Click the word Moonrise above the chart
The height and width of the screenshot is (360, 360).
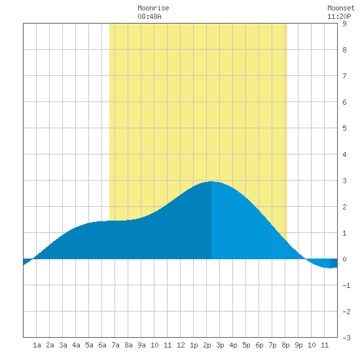[153, 8]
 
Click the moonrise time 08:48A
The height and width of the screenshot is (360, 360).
[149, 16]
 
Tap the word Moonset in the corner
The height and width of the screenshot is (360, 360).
[341, 8]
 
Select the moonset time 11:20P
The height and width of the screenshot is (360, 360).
[339, 16]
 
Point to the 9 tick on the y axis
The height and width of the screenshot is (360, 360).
[344, 24]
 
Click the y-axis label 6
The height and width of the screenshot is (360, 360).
[344, 102]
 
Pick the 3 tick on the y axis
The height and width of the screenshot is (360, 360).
[344, 181]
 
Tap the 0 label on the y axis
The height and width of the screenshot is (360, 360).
[344, 259]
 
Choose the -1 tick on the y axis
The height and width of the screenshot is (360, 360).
[346, 285]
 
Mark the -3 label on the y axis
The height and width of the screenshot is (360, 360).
[346, 338]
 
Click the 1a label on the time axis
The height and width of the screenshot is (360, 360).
[37, 345]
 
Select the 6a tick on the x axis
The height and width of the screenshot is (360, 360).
[102, 345]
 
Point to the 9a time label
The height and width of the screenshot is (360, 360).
[141, 345]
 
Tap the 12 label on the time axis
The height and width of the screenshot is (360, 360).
[181, 345]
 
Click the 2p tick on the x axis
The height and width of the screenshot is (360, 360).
[207, 345]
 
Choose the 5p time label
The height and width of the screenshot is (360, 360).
[246, 345]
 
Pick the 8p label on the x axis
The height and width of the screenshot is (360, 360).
[285, 345]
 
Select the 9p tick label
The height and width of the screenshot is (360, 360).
[298, 345]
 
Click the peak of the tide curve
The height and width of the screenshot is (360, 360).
[211, 181]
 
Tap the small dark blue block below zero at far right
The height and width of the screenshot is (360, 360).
[334, 263]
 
